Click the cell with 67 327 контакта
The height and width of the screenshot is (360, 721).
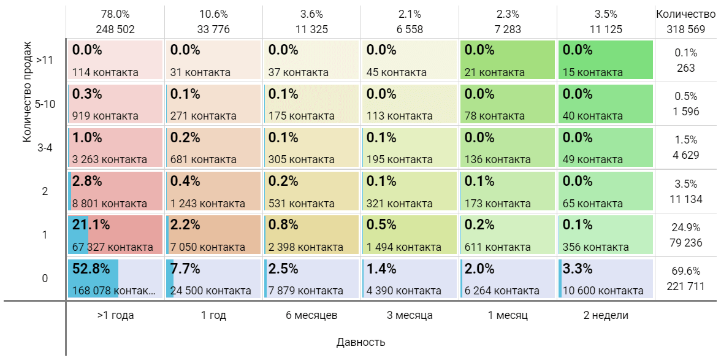pyautogui.click(x=115, y=236)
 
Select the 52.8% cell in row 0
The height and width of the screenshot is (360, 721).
pyautogui.click(x=115, y=279)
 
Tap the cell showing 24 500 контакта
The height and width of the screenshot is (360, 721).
pyautogui.click(x=213, y=279)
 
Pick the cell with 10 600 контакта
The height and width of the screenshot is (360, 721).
pyautogui.click(x=606, y=279)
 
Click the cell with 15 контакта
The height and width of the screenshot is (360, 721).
pyautogui.click(x=606, y=60)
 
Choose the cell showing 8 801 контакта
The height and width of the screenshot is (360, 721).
pyautogui.click(x=115, y=192)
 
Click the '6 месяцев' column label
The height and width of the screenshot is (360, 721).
pyautogui.click(x=311, y=315)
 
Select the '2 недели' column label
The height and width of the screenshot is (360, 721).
pyautogui.click(x=606, y=315)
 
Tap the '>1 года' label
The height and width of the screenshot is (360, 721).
pyautogui.click(x=115, y=315)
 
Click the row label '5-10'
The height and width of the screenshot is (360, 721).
pyautogui.click(x=45, y=104)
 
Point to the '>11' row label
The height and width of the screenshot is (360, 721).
pyautogui.click(x=45, y=60)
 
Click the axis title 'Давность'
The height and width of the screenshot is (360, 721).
pyautogui.click(x=360, y=342)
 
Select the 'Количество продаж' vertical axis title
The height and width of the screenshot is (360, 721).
pyautogui.click(x=27, y=93)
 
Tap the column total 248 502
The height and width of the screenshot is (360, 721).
pyautogui.click(x=115, y=28)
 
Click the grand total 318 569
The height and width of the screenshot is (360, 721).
pyautogui.click(x=685, y=28)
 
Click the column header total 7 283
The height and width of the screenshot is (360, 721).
pyautogui.click(x=508, y=28)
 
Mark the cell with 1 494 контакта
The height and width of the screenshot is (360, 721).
pyautogui.click(x=410, y=236)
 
